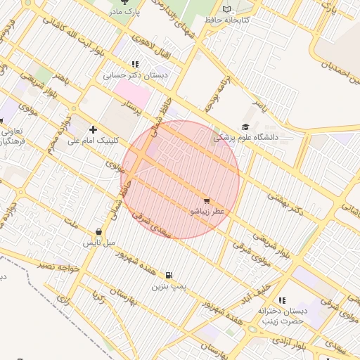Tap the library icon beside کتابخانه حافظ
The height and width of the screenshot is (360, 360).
tap(226, 9)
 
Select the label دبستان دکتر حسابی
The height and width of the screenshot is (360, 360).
tap(134, 75)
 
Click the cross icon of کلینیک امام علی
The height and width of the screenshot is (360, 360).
tap(93, 129)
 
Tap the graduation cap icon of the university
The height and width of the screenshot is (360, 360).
tap(245, 127)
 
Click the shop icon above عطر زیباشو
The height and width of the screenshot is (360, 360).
tap(206, 200)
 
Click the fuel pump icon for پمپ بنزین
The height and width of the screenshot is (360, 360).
tap(169, 276)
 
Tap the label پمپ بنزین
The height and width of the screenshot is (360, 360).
tap(169, 287)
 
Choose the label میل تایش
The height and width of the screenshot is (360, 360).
tap(99, 243)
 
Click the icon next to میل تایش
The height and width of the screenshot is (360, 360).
tap(98, 232)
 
